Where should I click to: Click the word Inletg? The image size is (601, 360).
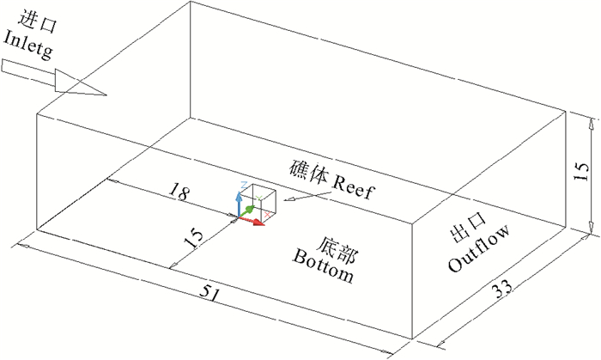point(29,40)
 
